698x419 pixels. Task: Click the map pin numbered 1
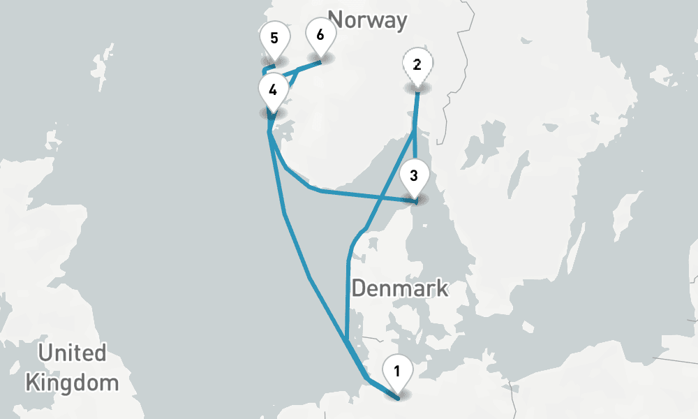[x=397, y=374]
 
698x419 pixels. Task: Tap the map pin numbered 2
[x=417, y=68]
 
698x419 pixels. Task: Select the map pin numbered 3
[x=414, y=178]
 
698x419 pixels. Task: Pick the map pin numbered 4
[x=272, y=92]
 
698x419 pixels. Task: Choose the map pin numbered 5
[x=274, y=40]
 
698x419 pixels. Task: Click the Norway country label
[x=367, y=20]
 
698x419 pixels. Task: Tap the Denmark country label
[x=399, y=288]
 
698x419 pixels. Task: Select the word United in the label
[x=72, y=353]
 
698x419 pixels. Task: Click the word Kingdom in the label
[x=72, y=382]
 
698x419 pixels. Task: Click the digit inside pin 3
[x=414, y=175]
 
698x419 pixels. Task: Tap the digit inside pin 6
[x=320, y=34]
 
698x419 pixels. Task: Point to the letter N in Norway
[x=336, y=20]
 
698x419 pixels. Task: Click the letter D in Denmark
[x=358, y=288]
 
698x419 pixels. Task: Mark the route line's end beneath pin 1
[x=399, y=398]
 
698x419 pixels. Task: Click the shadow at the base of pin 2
[x=417, y=89]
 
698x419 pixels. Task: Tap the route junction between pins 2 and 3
[x=415, y=130]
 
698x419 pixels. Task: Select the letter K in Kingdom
[x=31, y=382]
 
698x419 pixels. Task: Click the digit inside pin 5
[x=274, y=36]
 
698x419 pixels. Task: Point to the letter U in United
[x=45, y=353]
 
